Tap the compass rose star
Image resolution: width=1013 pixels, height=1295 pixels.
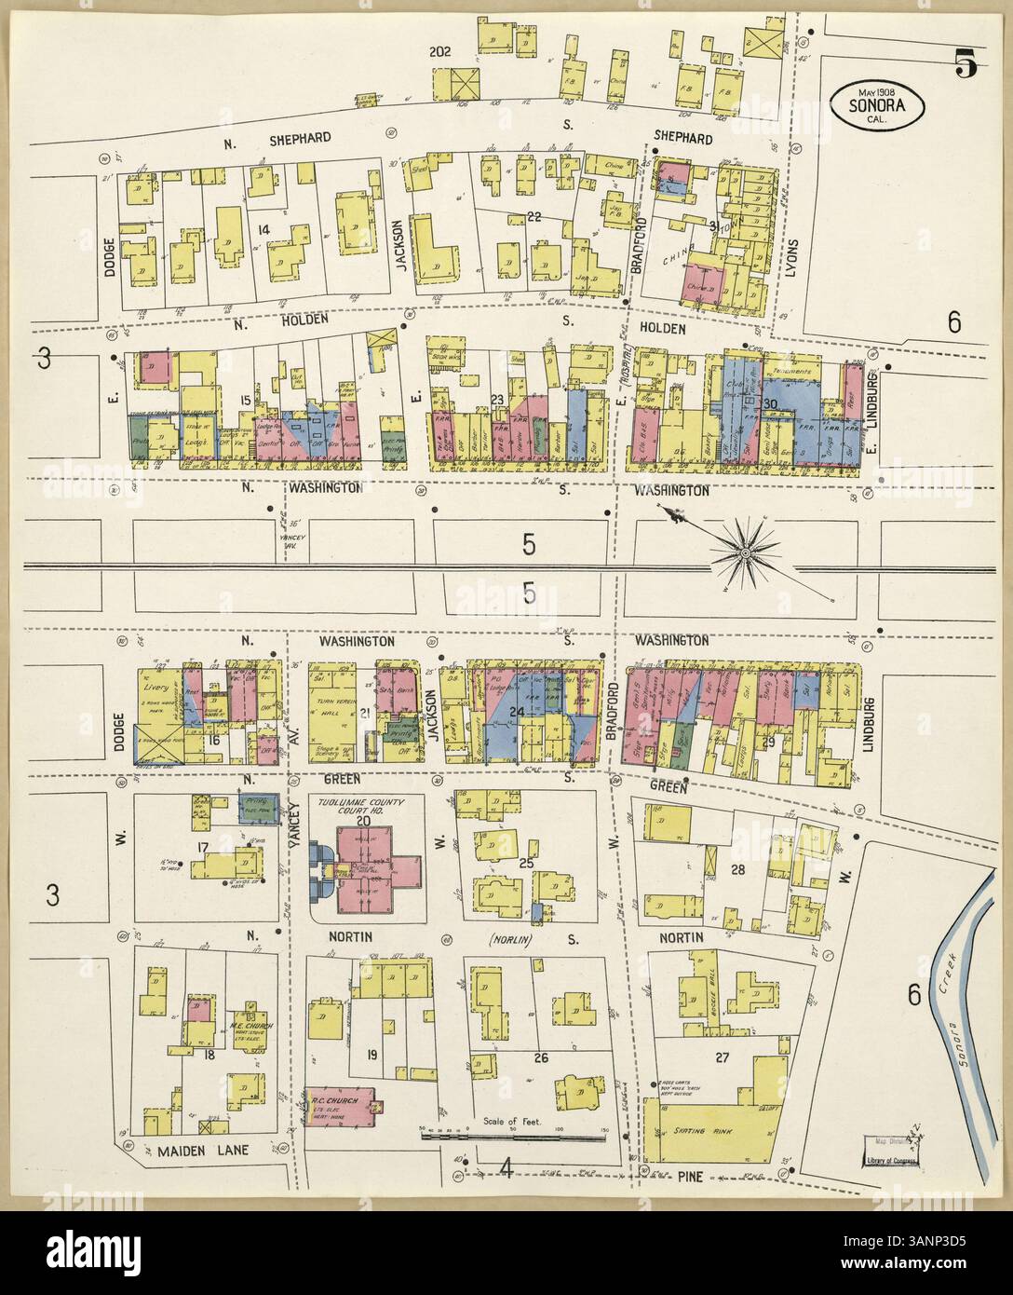point(744,554)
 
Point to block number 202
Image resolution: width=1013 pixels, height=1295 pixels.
point(439,51)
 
